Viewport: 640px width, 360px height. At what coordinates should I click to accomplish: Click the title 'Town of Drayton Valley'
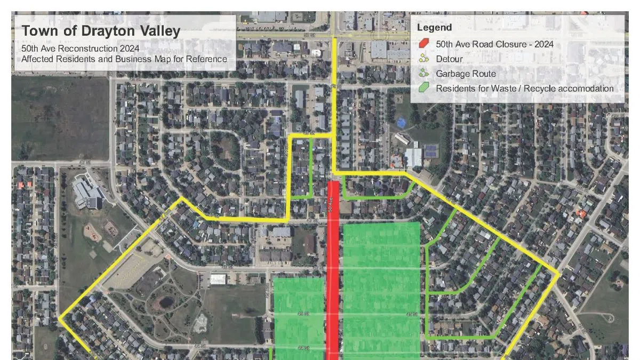pyautogui.click(x=101, y=31)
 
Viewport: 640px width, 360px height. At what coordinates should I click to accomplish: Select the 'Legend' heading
pyautogui.click(x=434, y=28)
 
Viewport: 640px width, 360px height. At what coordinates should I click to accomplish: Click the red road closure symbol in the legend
pyautogui.click(x=424, y=44)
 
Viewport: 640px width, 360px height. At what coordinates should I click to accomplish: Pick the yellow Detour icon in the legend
pyautogui.click(x=424, y=59)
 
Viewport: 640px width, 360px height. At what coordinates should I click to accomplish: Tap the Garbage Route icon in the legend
pyautogui.click(x=424, y=74)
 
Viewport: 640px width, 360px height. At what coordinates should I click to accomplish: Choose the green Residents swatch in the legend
pyautogui.click(x=424, y=88)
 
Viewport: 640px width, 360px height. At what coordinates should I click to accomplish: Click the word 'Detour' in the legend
pyautogui.click(x=449, y=59)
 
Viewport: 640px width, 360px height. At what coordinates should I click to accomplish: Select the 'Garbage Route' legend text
pyautogui.click(x=466, y=74)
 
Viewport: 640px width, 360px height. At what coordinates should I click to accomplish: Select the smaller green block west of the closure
pyautogui.click(x=299, y=317)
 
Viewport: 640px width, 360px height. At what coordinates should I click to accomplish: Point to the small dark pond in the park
pyautogui.click(x=166, y=302)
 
